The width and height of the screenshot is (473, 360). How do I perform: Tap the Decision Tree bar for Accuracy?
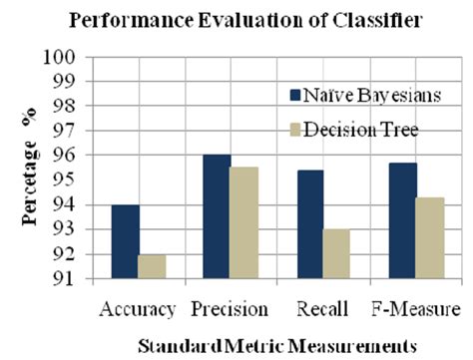point(153,266)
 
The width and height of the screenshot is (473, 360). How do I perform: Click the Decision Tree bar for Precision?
point(244,222)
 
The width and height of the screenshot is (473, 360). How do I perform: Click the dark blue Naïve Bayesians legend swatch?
point(295,95)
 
